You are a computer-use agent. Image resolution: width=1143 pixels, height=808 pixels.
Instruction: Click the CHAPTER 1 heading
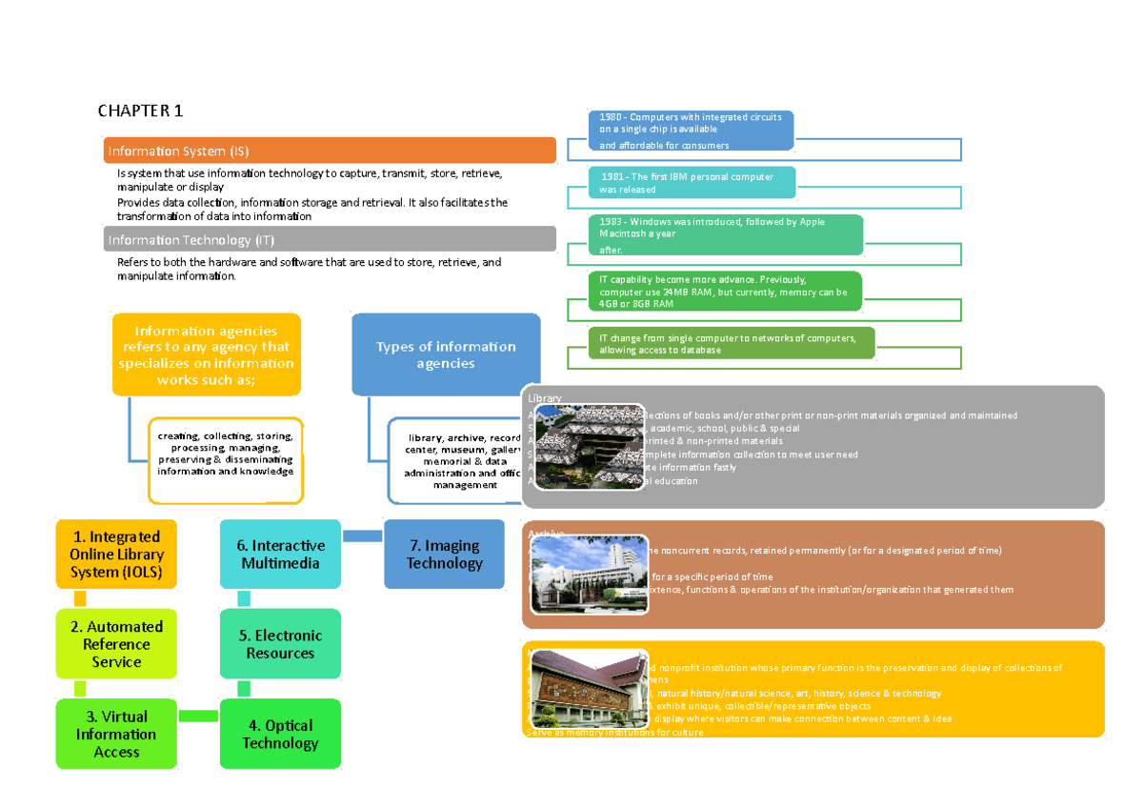[140, 111]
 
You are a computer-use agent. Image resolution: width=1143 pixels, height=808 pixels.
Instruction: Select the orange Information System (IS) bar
[330, 151]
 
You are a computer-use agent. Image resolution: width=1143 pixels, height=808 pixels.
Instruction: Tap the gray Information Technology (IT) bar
[330, 239]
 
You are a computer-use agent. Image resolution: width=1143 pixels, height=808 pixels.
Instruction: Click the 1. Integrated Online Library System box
[116, 555]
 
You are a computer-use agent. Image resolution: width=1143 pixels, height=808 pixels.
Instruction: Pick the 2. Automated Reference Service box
[116, 644]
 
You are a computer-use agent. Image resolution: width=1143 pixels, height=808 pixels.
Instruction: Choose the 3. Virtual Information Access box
[116, 734]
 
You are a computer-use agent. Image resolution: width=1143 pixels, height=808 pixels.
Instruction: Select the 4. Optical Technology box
[280, 734]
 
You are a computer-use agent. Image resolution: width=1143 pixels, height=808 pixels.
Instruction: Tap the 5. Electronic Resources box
[280, 644]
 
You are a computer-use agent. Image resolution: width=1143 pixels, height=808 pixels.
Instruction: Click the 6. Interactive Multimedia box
[280, 555]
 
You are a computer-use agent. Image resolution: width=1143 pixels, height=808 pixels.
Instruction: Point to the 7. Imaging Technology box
[444, 555]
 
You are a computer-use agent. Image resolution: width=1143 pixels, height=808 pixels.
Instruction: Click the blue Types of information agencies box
[446, 354]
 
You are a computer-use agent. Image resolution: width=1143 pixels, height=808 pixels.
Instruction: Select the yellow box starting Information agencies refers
[207, 354]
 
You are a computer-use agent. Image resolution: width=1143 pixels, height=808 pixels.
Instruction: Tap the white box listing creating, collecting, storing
[226, 459]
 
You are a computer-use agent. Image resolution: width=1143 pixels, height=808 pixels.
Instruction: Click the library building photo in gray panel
[583, 446]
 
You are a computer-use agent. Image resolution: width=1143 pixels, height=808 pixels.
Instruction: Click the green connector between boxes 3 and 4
[198, 715]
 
